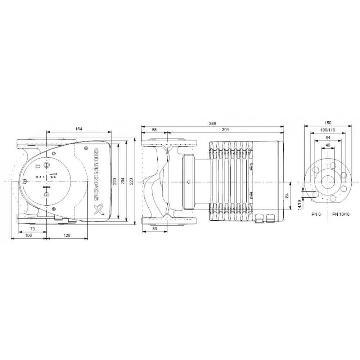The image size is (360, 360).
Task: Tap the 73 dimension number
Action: (32, 229)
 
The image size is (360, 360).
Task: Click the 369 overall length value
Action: (212, 123)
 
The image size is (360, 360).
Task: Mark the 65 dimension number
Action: (154, 129)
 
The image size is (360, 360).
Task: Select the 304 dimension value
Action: (226, 129)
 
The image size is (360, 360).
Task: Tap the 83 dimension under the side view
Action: (154, 229)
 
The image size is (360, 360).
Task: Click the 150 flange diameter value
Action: (328, 123)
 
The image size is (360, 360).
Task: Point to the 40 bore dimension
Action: (328, 145)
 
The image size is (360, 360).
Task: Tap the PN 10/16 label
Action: (341, 214)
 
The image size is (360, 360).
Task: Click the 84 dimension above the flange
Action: (328, 137)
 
